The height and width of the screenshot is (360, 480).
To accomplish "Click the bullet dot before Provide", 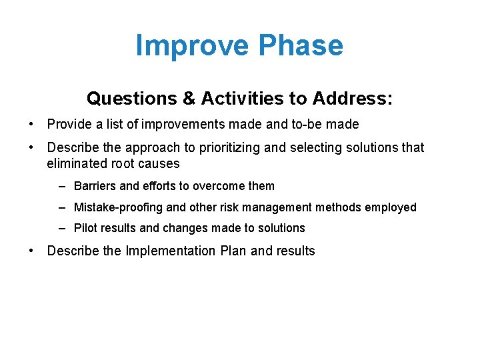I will click(31, 125).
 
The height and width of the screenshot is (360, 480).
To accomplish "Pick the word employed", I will click(392, 207).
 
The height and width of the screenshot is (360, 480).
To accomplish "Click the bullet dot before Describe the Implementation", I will click(31, 251).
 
